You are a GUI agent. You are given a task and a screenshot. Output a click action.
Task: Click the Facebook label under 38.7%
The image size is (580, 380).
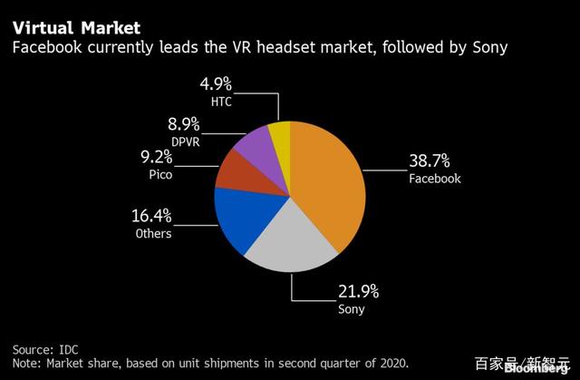click(x=435, y=179)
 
